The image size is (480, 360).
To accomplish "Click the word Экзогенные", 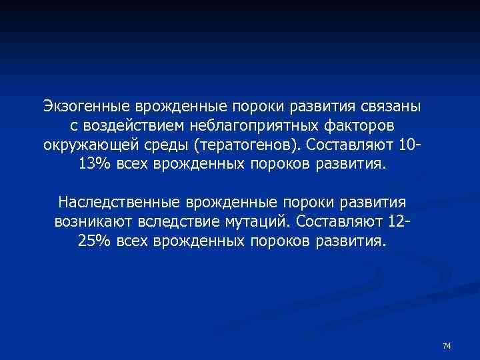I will point(87,107).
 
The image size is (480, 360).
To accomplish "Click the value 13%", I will point(93,165).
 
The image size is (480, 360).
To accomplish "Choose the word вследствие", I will point(179,221).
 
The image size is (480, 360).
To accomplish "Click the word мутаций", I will point(257,221).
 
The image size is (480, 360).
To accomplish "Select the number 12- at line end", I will point(399,221).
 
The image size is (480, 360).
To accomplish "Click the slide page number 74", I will point(447,345).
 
